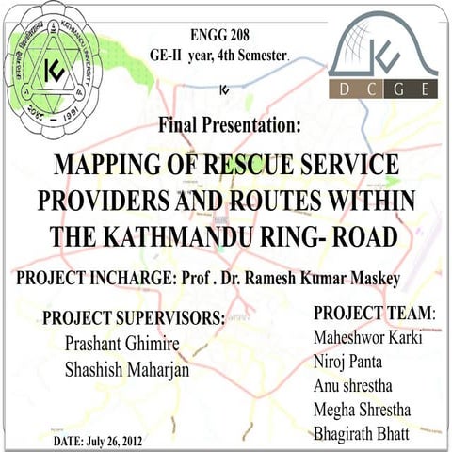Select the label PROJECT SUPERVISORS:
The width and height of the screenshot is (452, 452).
tap(134, 318)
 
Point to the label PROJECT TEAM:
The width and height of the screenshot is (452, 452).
tap(374, 312)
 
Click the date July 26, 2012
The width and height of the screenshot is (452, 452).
tap(118, 440)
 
